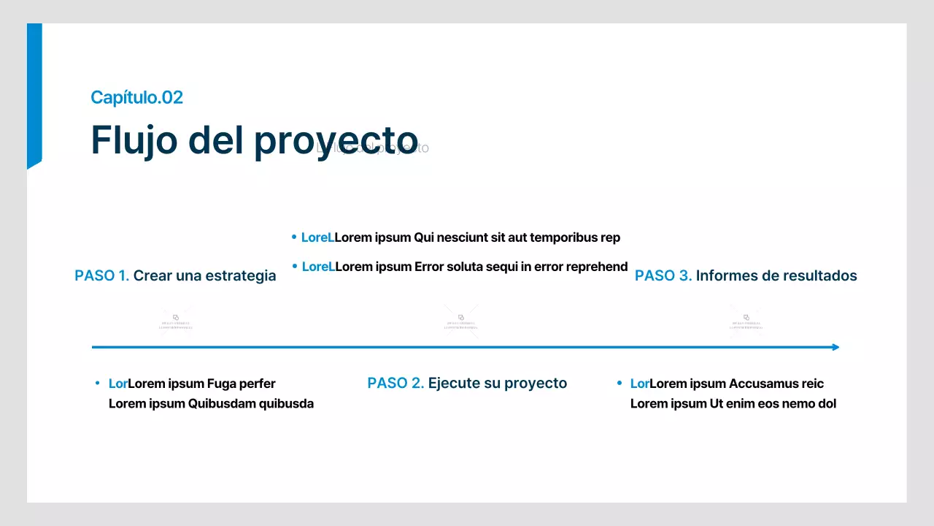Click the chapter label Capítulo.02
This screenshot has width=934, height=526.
(136, 97)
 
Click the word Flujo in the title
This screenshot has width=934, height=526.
(134, 140)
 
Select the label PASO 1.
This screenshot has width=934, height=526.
(101, 275)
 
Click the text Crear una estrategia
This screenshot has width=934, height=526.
(204, 275)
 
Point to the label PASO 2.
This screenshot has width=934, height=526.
(395, 383)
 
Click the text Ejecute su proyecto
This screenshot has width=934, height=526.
(497, 383)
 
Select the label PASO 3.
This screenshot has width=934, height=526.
(663, 275)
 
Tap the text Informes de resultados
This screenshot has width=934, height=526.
(776, 275)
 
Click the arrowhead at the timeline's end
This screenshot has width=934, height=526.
(835, 347)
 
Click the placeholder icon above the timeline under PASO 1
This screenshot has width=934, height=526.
(176, 320)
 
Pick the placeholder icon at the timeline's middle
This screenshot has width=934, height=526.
(461, 320)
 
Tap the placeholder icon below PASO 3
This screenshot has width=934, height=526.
(746, 320)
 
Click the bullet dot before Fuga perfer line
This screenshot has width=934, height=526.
(97, 383)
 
